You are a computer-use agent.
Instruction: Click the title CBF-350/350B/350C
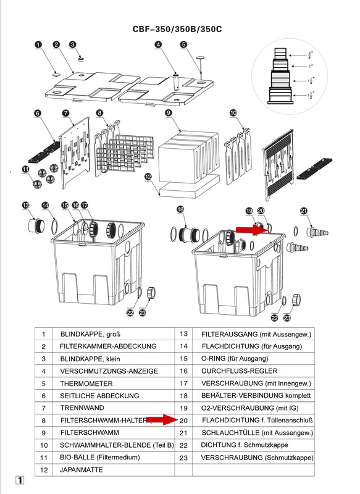click(x=177, y=29)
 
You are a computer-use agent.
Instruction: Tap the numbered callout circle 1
click(x=38, y=44)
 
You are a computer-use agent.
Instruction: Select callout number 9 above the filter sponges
click(x=169, y=112)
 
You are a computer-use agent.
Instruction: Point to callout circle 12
click(x=148, y=177)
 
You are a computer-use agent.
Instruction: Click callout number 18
click(x=180, y=209)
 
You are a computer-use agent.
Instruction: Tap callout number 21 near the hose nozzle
click(x=304, y=211)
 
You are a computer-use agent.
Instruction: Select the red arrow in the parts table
click(x=162, y=420)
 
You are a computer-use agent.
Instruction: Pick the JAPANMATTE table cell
click(x=82, y=470)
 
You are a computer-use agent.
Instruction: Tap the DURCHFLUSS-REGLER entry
click(x=240, y=371)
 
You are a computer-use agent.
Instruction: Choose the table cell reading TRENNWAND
click(x=82, y=408)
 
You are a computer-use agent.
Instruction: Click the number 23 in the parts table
click(x=183, y=458)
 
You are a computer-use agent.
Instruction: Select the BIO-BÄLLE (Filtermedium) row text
click(x=100, y=457)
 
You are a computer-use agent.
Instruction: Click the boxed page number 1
click(x=20, y=480)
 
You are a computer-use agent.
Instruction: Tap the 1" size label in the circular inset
click(x=311, y=66)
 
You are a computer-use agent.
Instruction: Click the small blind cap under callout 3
click(x=81, y=59)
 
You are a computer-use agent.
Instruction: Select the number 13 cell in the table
click(x=183, y=334)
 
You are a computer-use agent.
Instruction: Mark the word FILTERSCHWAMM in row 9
click(x=90, y=433)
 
